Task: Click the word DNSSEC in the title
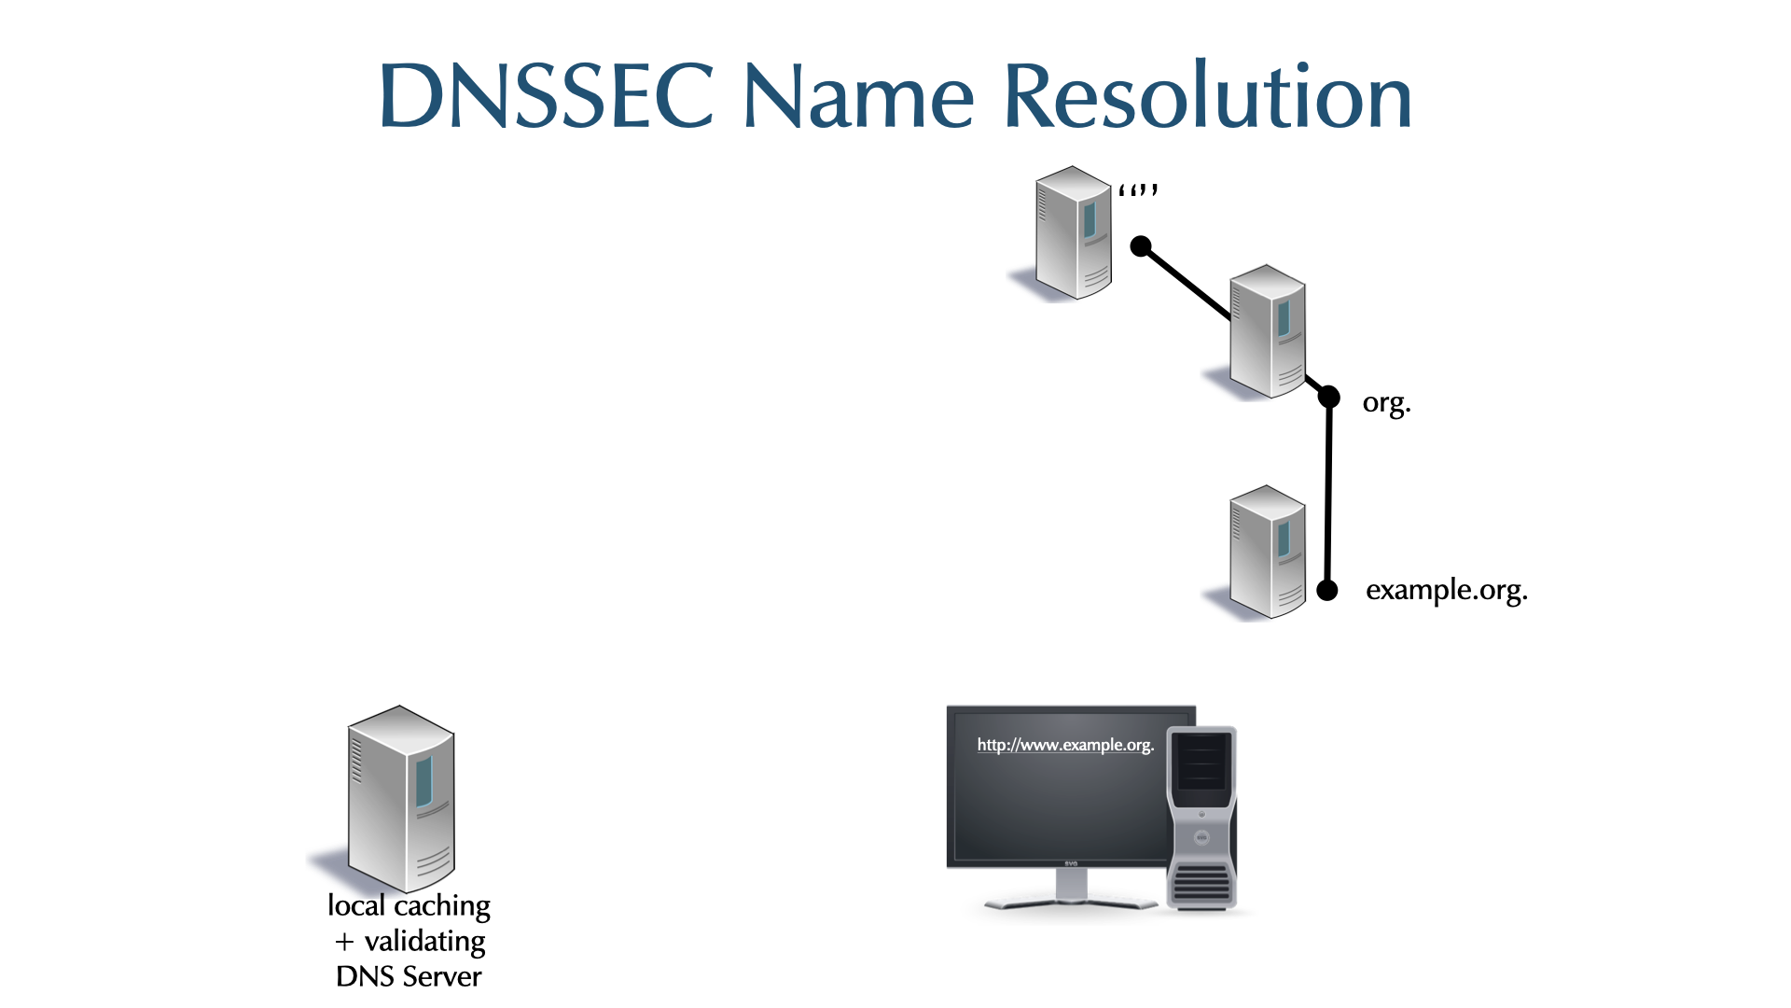point(547,96)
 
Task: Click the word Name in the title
point(858,96)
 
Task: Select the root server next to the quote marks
point(1073,233)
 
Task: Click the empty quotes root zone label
point(1138,191)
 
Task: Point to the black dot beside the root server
point(1141,246)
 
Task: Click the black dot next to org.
point(1329,398)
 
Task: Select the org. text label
point(1386,403)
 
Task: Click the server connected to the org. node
point(1267,331)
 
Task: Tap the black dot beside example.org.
point(1327,590)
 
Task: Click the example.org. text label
point(1446,590)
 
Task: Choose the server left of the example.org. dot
point(1267,552)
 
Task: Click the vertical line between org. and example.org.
point(1328,495)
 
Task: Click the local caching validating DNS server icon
point(400,798)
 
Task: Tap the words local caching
point(409,905)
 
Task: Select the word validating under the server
point(424,941)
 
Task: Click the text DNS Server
point(409,976)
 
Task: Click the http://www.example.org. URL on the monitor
point(1065,745)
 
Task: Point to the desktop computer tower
point(1201,817)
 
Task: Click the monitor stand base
point(1071,902)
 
